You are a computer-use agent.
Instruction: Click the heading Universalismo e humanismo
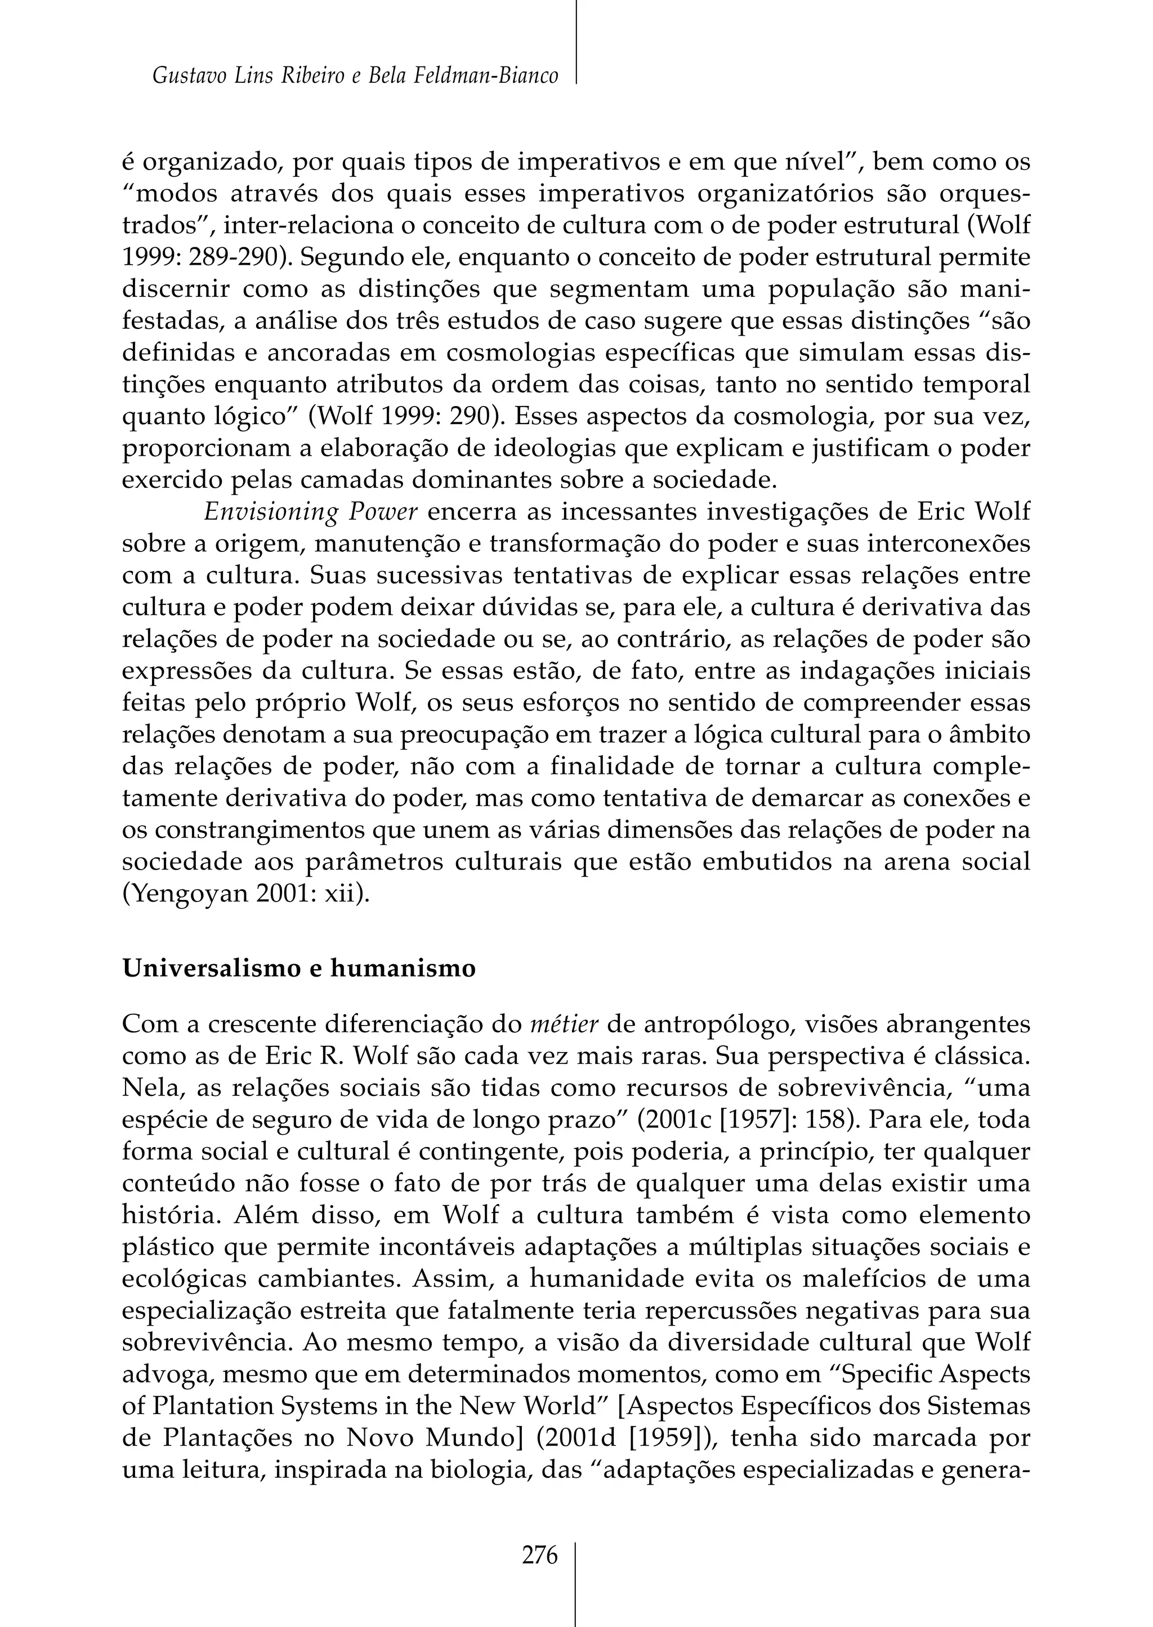point(299,969)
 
